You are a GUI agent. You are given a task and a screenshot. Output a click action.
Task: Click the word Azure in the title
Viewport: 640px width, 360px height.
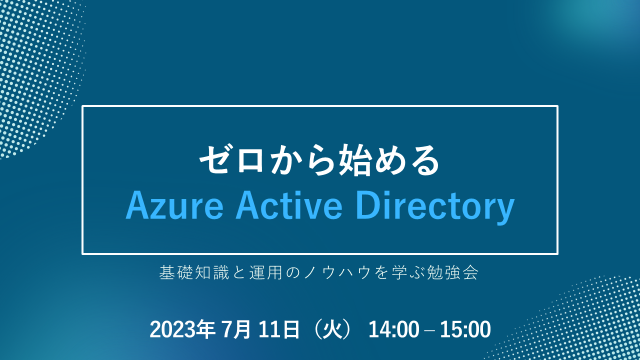click(174, 205)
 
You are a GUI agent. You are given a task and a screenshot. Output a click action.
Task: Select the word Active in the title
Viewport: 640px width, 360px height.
click(288, 204)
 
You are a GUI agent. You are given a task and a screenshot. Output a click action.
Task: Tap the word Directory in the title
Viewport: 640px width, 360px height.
click(435, 207)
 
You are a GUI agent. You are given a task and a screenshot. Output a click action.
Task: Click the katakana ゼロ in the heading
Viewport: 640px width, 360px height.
click(231, 159)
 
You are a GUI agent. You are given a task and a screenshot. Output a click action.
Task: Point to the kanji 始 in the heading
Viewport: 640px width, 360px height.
click(354, 159)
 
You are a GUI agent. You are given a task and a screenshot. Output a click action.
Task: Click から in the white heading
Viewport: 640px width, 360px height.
click(302, 159)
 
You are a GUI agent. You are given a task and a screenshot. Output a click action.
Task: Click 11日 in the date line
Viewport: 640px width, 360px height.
click(279, 329)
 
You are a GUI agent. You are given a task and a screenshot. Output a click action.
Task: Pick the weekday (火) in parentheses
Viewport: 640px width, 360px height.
click(332, 329)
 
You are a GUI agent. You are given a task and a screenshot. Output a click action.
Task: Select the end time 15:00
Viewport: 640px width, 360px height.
click(465, 329)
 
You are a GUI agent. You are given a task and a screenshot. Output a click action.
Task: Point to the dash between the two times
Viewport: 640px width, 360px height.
click(429, 331)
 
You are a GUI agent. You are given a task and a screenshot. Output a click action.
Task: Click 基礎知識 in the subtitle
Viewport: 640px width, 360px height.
click(194, 272)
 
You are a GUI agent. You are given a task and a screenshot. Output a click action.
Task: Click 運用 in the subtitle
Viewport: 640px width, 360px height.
click(266, 272)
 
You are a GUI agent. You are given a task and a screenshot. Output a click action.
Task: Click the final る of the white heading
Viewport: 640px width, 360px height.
click(424, 160)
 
